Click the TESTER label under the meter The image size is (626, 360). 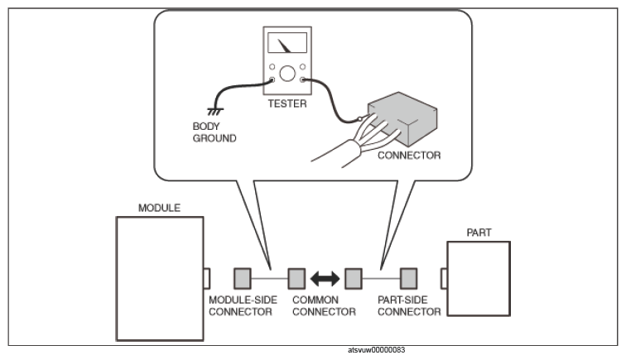tap(287, 103)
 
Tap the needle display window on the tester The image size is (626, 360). tap(287, 43)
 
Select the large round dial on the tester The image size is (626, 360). tap(287, 74)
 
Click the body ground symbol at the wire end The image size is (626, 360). tap(215, 112)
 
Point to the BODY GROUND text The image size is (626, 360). tap(214, 132)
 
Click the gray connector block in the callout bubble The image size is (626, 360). tap(402, 118)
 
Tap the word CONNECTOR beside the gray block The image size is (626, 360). tap(409, 156)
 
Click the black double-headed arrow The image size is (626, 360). tap(325, 279)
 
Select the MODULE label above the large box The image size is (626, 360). tap(159, 208)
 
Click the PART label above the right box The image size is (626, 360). tap(479, 233)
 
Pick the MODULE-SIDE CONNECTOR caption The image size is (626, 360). tap(243, 305)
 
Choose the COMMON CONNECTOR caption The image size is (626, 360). tap(324, 305)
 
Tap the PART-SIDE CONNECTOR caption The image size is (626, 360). tap(409, 305)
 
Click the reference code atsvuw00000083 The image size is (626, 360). tap(377, 350)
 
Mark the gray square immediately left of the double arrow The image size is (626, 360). tap(296, 279)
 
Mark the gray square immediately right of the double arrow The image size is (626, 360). tap(354, 279)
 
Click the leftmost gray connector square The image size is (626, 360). tap(243, 279)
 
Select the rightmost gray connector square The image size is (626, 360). tap(409, 279)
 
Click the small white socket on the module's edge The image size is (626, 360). tap(206, 279)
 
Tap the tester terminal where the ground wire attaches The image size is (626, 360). tap(272, 79)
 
